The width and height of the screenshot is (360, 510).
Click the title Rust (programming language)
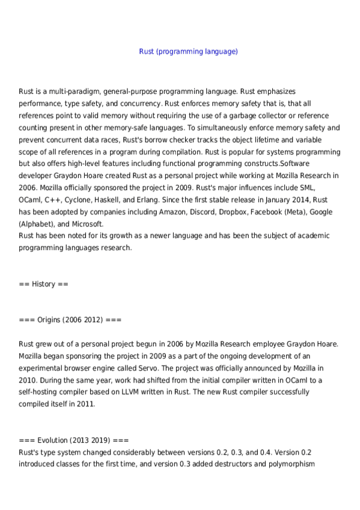coord(188,52)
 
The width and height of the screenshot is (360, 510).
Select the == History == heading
coord(43,283)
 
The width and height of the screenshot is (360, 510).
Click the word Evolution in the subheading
coord(52,440)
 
